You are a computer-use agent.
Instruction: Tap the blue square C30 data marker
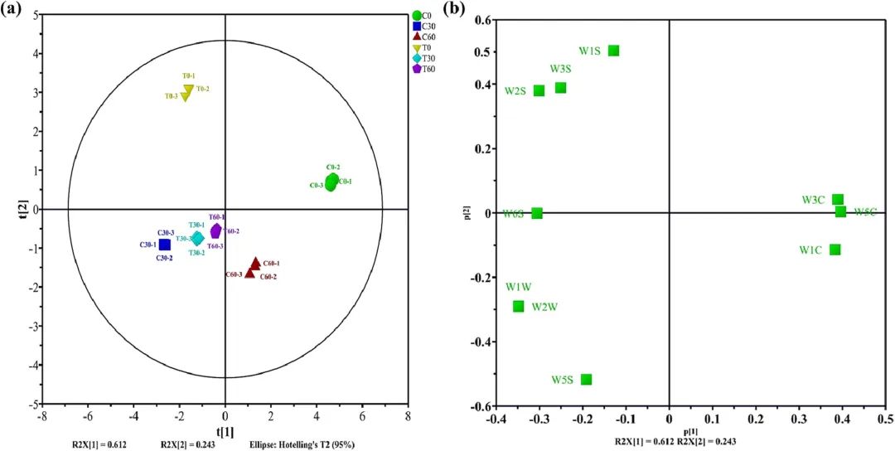[x=165, y=245]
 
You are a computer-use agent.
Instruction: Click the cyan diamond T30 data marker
[x=197, y=239]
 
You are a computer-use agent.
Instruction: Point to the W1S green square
[x=613, y=51]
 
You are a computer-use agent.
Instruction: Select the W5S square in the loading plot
[x=586, y=380]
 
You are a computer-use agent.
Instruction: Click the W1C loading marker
[x=835, y=250]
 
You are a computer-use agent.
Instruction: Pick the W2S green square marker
[x=539, y=90]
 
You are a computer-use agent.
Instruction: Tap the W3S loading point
[x=560, y=87]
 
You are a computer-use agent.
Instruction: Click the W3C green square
[x=838, y=200]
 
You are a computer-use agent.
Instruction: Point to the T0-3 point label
[x=171, y=97]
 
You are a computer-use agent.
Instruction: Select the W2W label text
[x=544, y=307]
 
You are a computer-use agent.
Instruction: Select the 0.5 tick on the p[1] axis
[x=885, y=419]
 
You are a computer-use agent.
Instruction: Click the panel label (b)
[x=454, y=9]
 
